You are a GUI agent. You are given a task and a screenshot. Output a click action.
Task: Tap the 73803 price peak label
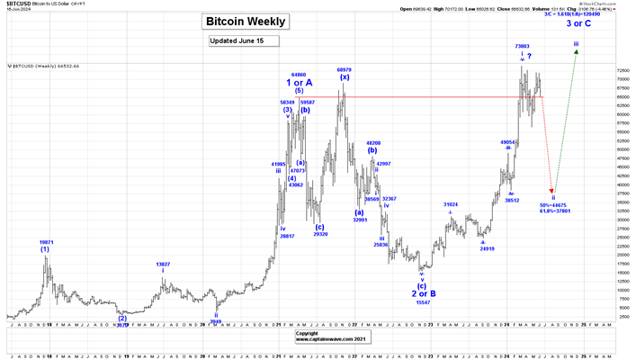pyautogui.click(x=522, y=46)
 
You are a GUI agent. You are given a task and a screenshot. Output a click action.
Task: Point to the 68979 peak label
pyautogui.click(x=344, y=69)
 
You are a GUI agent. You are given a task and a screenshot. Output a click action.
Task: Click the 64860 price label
pyautogui.click(x=299, y=75)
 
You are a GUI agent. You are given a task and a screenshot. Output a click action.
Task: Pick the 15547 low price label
pyautogui.click(x=422, y=302)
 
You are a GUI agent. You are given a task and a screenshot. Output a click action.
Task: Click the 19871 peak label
pyautogui.click(x=46, y=242)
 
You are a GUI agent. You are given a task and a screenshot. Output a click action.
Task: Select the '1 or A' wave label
pyautogui.click(x=300, y=83)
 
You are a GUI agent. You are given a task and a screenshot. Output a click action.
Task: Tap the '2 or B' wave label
pyautogui.click(x=424, y=293)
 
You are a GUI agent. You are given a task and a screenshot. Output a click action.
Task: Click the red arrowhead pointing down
pyautogui.click(x=553, y=190)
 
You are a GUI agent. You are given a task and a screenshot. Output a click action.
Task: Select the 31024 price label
pyautogui.click(x=451, y=204)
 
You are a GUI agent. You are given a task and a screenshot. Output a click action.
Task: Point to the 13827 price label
pyautogui.click(x=163, y=265)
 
